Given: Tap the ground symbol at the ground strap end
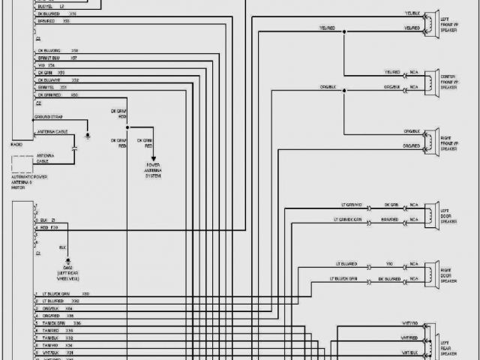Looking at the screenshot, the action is (88, 136).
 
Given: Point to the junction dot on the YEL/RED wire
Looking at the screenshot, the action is (344, 32).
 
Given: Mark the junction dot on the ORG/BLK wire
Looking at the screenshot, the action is (344, 91).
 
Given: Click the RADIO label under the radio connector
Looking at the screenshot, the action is (16, 142).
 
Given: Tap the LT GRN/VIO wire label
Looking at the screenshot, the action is (348, 204).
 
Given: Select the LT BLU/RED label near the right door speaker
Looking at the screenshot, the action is (347, 264).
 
